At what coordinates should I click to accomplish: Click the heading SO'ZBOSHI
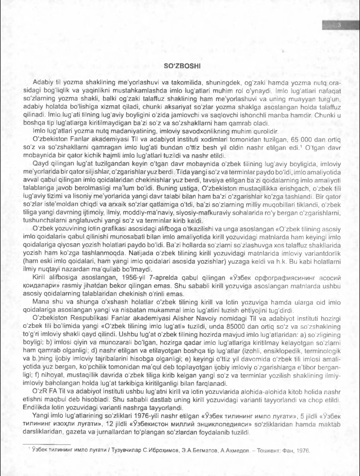point(180,66)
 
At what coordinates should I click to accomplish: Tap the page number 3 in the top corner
point(339,27)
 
